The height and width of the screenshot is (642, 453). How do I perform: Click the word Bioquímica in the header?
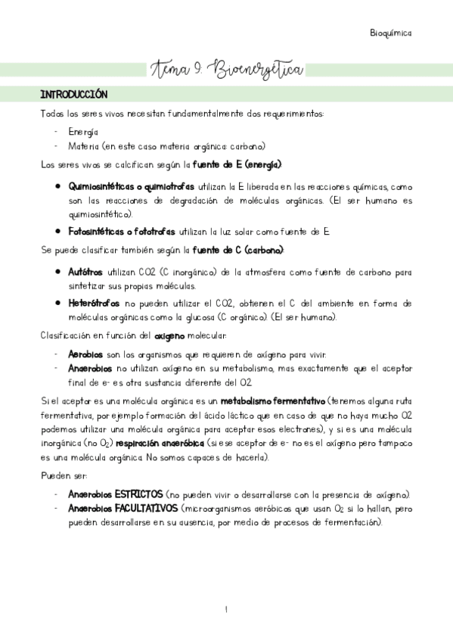click(391, 33)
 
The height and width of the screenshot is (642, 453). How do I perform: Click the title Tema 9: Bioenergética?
click(228, 70)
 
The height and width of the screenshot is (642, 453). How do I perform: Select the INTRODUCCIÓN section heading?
click(74, 95)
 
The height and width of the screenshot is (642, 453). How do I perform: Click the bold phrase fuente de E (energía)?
click(237, 164)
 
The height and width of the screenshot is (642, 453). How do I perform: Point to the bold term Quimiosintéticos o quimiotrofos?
click(131, 186)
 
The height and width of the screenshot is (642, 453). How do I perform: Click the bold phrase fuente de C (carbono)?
click(238, 250)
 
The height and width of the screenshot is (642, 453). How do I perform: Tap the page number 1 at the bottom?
click(227, 609)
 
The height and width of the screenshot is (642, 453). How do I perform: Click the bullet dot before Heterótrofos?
click(58, 303)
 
